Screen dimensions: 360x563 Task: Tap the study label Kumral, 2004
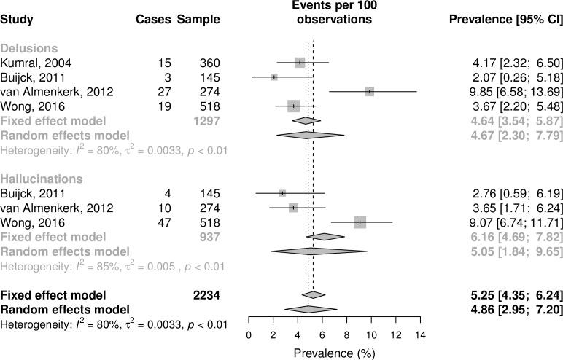point(36,63)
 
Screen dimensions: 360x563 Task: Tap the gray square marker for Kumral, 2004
point(300,63)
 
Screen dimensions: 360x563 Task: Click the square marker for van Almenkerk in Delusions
point(370,91)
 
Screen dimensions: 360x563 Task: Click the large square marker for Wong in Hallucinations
point(360,222)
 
